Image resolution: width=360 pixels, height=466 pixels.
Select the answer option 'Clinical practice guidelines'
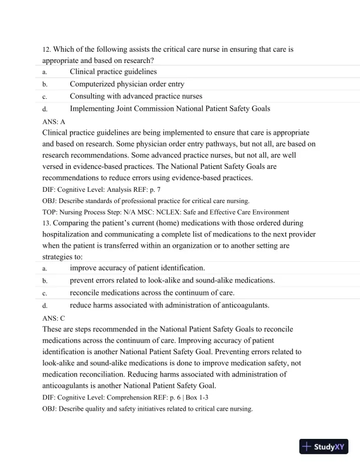pyautogui.click(x=113, y=72)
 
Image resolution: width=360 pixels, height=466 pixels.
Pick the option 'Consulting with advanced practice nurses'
pyautogui.click(x=136, y=96)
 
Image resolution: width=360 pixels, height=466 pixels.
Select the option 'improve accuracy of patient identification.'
pyautogui.click(x=138, y=268)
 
